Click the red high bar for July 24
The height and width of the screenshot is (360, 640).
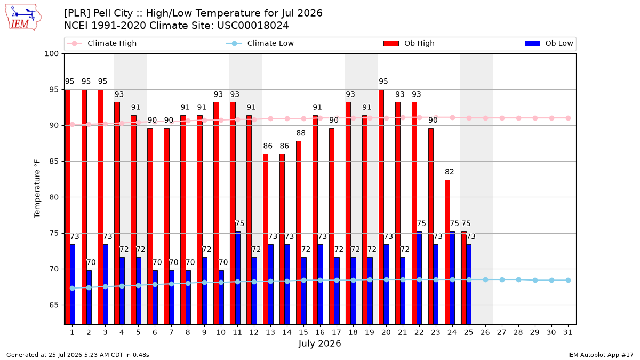click(x=447, y=252)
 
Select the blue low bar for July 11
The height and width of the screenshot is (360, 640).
click(x=238, y=278)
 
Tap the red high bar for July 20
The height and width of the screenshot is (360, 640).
click(x=381, y=207)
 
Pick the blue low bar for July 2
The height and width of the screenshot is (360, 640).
click(x=89, y=298)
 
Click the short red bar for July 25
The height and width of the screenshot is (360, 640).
click(x=464, y=278)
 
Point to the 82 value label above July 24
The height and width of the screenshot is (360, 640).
click(x=450, y=172)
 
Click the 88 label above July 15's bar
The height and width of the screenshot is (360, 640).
click(x=301, y=133)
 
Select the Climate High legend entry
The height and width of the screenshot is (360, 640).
click(x=102, y=43)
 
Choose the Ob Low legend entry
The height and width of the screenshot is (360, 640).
click(x=549, y=43)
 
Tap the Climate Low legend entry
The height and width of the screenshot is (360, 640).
click(x=260, y=43)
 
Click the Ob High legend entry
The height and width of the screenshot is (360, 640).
click(x=409, y=43)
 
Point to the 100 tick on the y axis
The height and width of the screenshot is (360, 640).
click(x=51, y=54)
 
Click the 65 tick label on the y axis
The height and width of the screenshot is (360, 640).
click(x=54, y=305)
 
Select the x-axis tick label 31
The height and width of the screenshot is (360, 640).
click(x=567, y=332)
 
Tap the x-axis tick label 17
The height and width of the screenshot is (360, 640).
click(x=337, y=332)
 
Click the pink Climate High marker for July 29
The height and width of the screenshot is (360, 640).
click(x=535, y=118)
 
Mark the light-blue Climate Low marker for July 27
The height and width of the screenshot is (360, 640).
click(x=502, y=279)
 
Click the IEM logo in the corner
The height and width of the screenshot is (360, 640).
click(x=23, y=18)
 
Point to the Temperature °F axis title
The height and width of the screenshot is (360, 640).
click(x=37, y=189)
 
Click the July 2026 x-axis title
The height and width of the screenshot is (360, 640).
click(x=319, y=343)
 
